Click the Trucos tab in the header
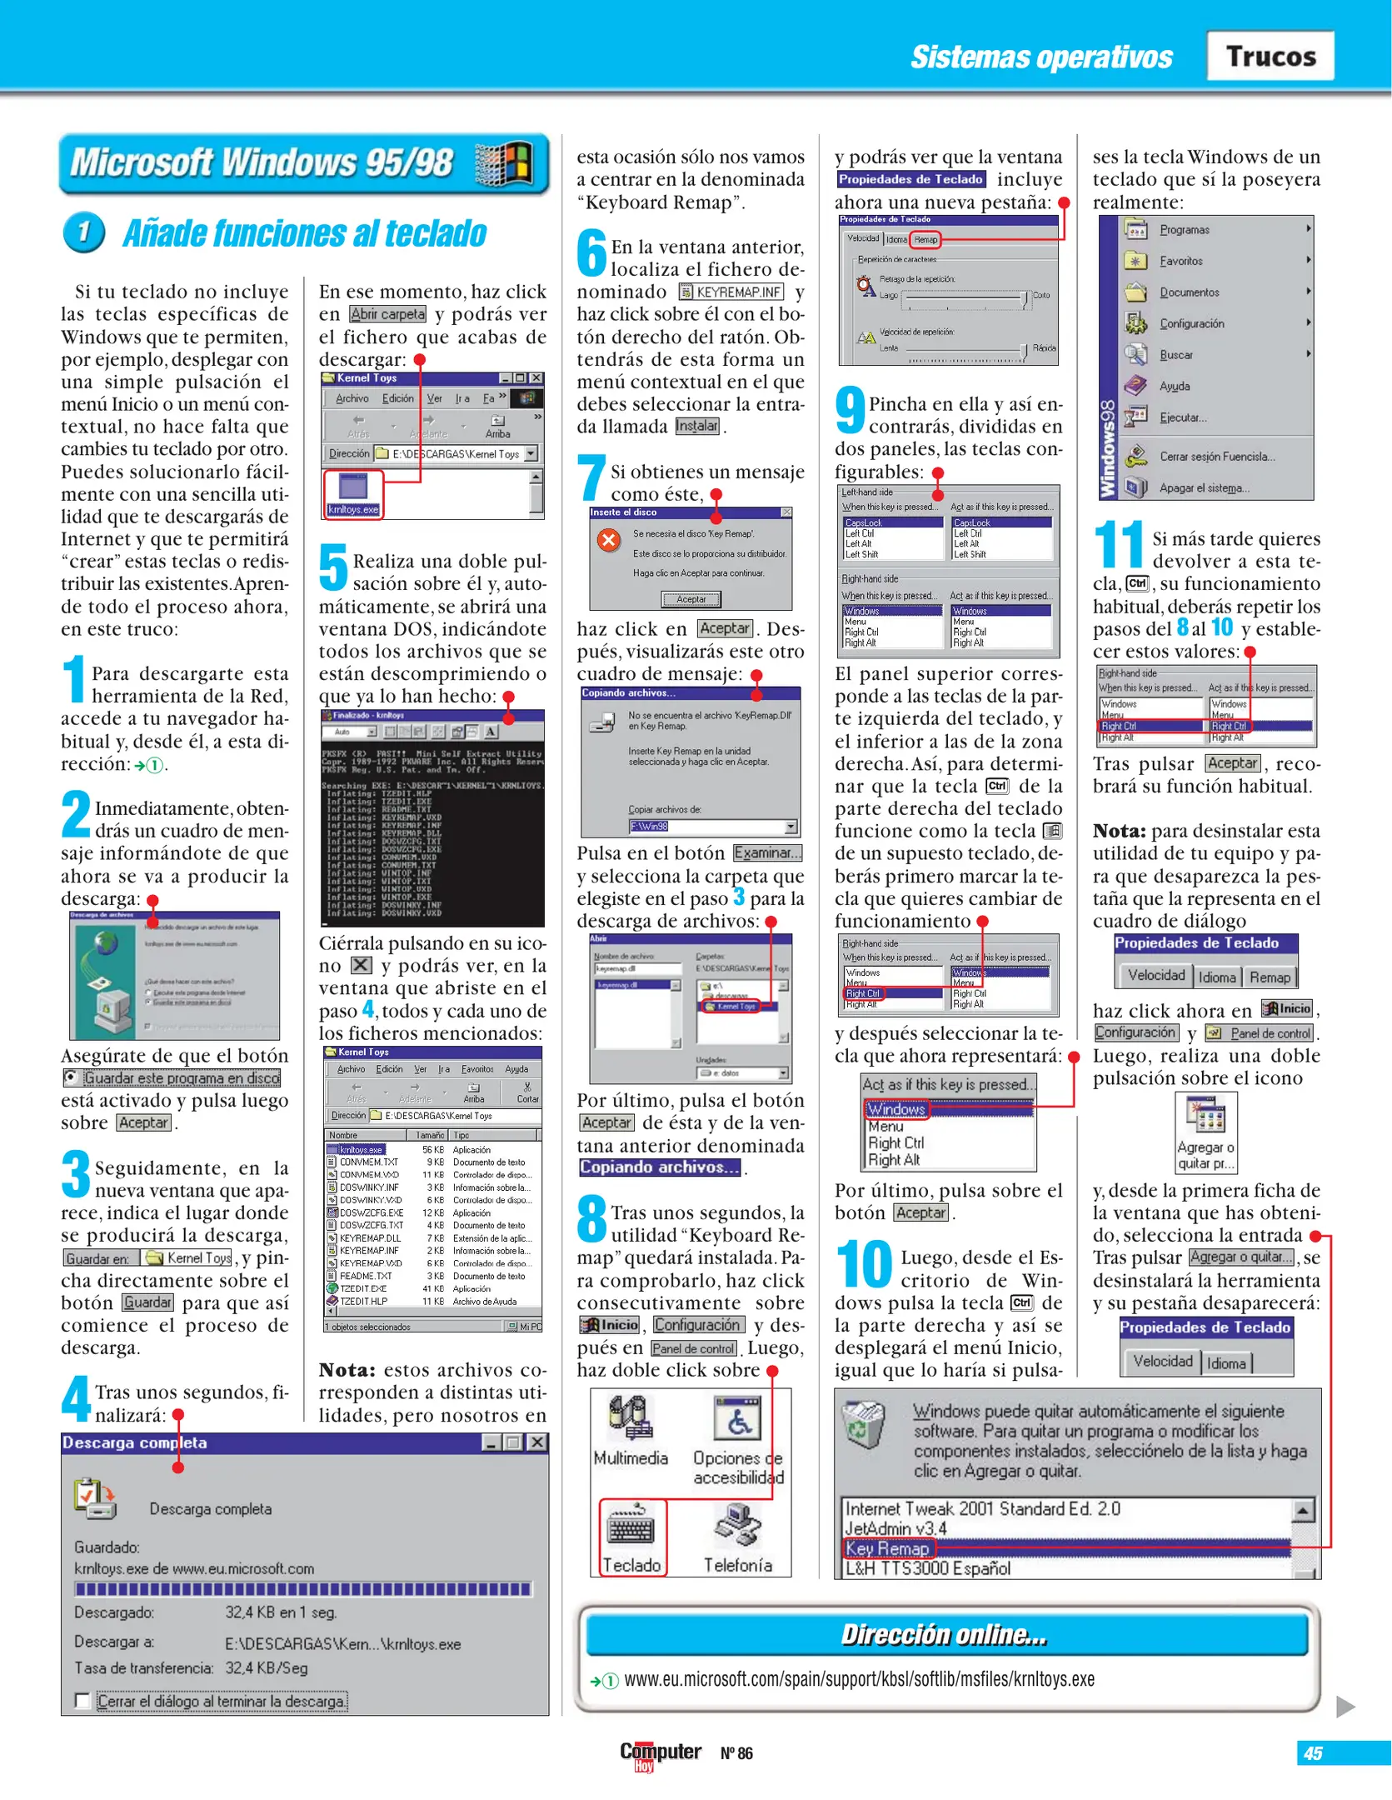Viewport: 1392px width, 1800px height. (x=1270, y=56)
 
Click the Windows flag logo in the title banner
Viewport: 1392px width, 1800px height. (x=505, y=162)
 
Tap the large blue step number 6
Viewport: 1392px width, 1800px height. (x=591, y=252)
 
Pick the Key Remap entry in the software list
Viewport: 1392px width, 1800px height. (x=888, y=1548)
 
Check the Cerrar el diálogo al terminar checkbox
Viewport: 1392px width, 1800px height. (x=82, y=1701)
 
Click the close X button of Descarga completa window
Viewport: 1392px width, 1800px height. (x=537, y=1442)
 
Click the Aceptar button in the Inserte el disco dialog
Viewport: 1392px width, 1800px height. (x=691, y=599)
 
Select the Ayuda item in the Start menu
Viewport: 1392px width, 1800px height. (x=1175, y=386)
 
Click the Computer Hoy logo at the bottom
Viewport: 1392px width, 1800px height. (x=660, y=1753)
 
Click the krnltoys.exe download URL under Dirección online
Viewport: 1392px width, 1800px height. (x=859, y=1679)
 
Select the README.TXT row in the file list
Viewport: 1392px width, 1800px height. (x=366, y=1276)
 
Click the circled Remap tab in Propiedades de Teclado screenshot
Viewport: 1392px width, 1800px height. (x=925, y=240)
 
